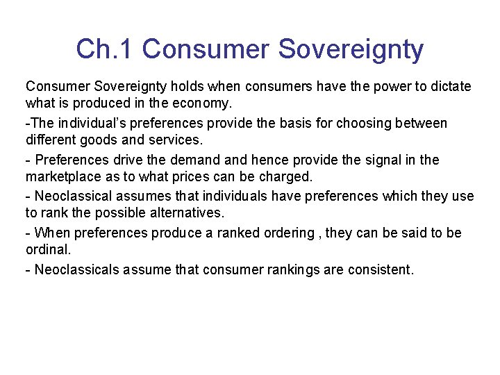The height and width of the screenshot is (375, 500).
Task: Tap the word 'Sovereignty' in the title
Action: [x=351, y=49]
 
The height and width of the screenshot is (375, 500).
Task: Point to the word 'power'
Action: [x=390, y=87]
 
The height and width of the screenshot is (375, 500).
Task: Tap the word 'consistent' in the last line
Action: [x=380, y=269]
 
